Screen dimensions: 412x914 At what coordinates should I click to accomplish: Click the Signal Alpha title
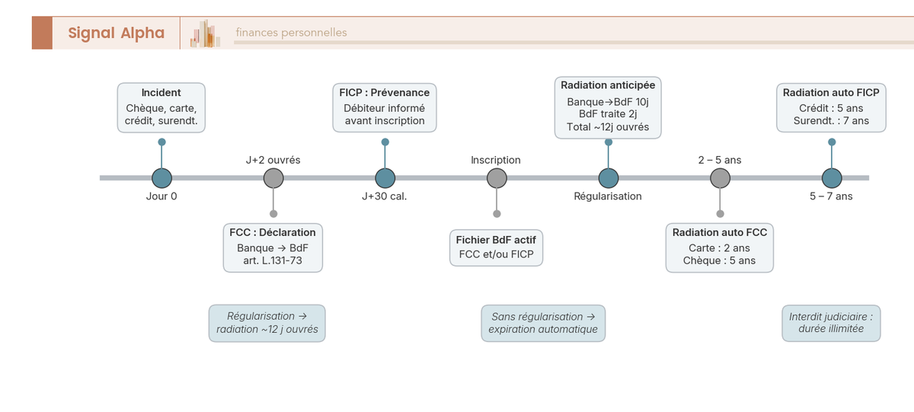point(116,33)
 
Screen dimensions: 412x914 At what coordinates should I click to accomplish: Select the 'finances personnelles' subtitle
point(291,33)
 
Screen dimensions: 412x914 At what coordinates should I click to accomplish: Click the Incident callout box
point(161,107)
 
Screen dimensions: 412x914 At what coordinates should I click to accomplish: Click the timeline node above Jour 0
point(161,178)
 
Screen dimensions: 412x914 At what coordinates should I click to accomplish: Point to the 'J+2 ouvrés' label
point(273,160)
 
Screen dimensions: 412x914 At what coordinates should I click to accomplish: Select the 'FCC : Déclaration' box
point(273,247)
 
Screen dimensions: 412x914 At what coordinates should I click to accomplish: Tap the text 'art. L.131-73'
point(273,260)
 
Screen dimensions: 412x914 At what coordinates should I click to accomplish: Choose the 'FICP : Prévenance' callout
point(385,107)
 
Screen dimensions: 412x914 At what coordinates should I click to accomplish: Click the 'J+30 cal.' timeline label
point(384,196)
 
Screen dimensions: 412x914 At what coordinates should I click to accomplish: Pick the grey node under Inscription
point(497,178)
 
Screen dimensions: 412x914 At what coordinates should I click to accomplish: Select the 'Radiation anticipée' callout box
point(608,107)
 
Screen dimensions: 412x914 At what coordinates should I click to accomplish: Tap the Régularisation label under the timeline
point(608,196)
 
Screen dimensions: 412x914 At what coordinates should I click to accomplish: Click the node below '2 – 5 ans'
point(720,178)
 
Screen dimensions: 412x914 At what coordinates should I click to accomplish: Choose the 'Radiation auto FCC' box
point(720,247)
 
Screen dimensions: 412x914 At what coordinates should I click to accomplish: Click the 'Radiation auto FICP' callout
point(831,107)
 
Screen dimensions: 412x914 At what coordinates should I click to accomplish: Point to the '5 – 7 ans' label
point(831,196)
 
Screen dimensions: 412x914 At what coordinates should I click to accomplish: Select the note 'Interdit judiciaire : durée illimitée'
point(831,323)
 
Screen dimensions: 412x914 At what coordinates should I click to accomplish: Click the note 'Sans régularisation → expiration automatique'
point(543,323)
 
